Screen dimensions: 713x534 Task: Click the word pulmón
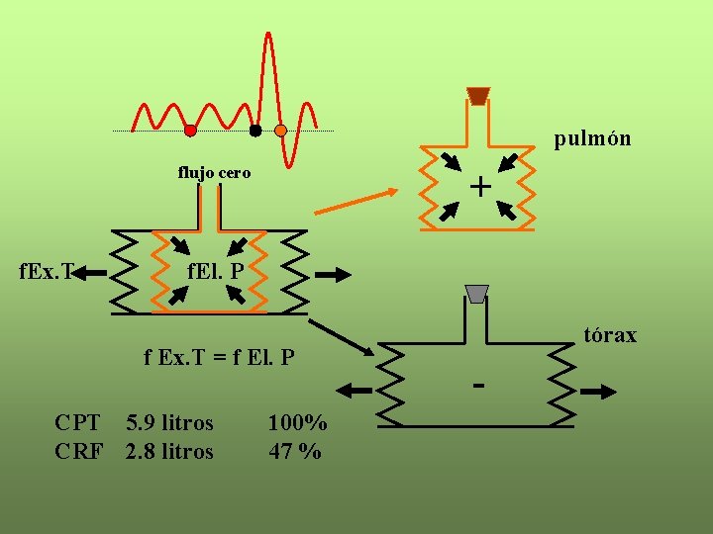[x=592, y=138]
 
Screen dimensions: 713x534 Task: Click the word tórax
[x=610, y=335]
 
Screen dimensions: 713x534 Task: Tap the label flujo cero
[x=214, y=173]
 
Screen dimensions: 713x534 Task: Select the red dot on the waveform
[x=190, y=131]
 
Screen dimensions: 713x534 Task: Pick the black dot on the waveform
[x=255, y=131]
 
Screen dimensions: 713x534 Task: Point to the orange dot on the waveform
[x=280, y=131]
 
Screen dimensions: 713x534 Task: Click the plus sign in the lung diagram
[x=480, y=186]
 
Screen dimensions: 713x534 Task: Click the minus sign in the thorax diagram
[x=478, y=384]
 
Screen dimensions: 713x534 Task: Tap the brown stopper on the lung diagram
[x=478, y=96]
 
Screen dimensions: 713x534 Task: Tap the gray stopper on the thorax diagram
[x=477, y=294]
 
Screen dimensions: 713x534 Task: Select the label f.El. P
[x=216, y=269]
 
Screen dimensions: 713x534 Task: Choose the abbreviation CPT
[x=77, y=423]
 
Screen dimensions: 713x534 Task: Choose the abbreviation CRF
[x=78, y=452]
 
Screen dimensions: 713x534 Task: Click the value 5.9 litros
[x=169, y=423]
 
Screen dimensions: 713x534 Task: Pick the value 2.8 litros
[x=169, y=452]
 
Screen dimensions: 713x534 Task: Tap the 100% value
[x=297, y=423]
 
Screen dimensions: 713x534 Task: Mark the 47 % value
[x=295, y=452]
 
